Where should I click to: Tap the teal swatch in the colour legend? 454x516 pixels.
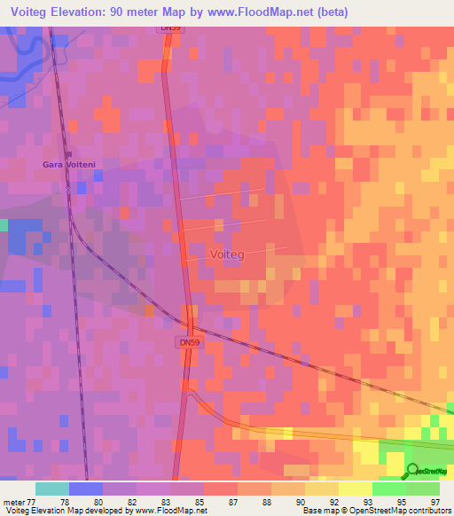(x=52, y=489)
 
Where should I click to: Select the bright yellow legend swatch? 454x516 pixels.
(x=355, y=489)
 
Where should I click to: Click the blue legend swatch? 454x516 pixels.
(x=86, y=489)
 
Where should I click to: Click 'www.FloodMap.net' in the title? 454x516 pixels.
(x=270, y=12)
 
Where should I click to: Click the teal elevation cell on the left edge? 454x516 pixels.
(x=4, y=225)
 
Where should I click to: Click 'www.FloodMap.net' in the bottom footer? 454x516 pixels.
(x=172, y=511)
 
